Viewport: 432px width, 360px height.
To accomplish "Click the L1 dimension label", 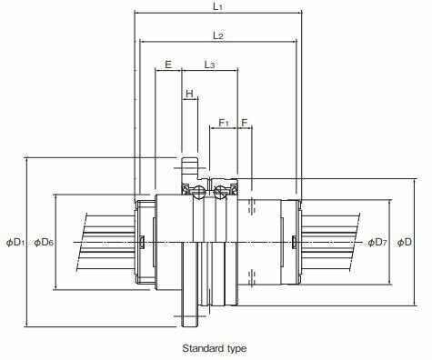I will pos(218,6).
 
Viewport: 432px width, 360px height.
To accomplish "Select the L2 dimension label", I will pos(218,35).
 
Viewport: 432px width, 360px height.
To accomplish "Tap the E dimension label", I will pos(167,65).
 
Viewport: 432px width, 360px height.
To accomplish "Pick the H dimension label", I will pos(189,94).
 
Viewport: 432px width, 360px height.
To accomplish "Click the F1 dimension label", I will pos(224,121).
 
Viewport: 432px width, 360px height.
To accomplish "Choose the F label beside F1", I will pos(245,121).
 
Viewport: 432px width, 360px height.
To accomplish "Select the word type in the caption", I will pos(235,348).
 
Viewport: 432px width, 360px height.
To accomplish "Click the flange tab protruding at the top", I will pos(190,169).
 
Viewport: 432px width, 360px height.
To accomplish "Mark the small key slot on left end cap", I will pos(143,241).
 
